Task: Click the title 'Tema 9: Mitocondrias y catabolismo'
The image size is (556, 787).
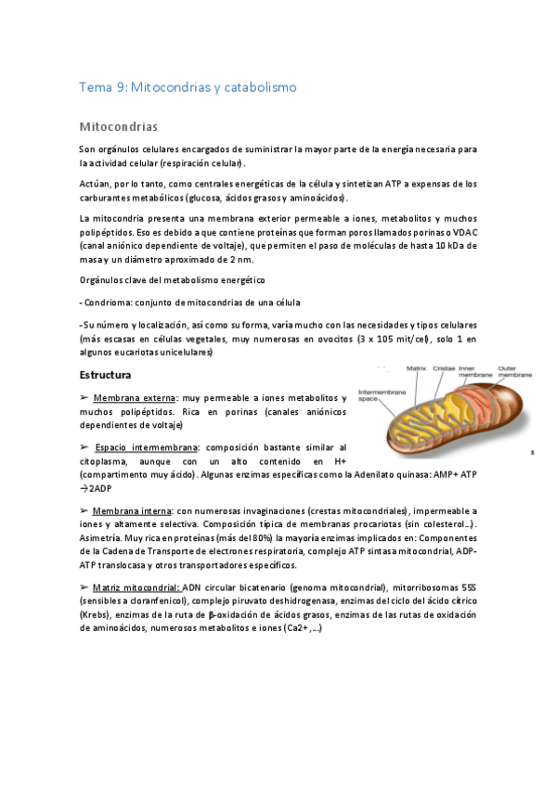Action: (187, 87)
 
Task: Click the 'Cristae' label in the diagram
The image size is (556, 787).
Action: (444, 368)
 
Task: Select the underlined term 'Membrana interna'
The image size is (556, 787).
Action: (132, 511)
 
